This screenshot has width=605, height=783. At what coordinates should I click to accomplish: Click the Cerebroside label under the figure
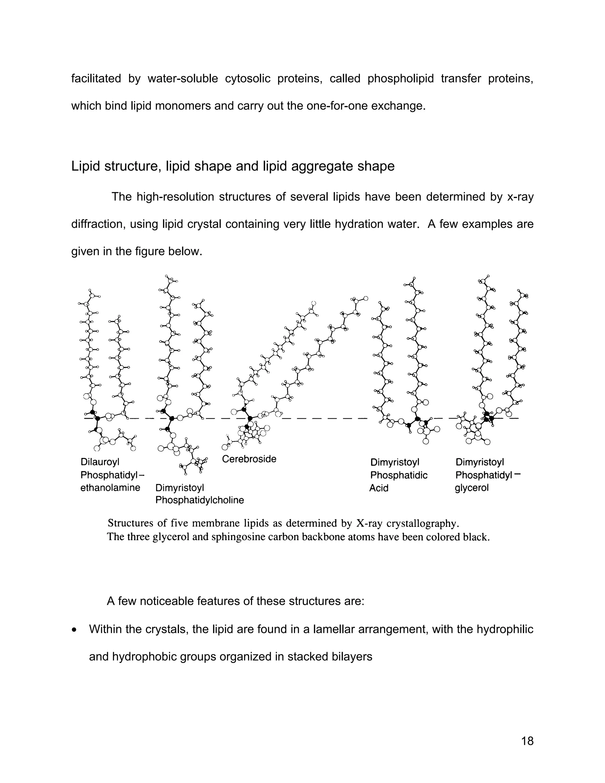[x=249, y=459]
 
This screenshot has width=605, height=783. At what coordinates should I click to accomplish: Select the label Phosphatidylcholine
[x=200, y=500]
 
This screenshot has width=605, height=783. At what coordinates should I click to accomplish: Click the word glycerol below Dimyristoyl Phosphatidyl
[x=472, y=488]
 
